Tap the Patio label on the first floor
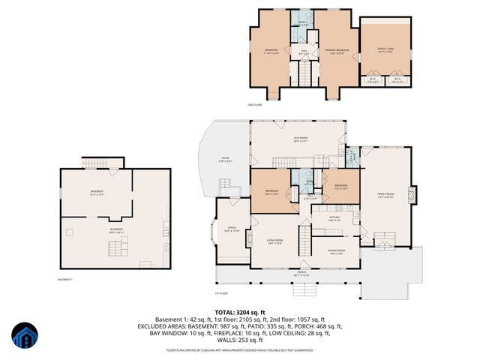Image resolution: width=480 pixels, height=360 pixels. click(x=225, y=159)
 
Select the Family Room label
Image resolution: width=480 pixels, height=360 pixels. click(x=385, y=195)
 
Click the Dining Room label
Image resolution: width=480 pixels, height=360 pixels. click(x=336, y=251)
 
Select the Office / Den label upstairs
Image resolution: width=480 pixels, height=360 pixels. click(x=385, y=50)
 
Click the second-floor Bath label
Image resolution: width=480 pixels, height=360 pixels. click(x=304, y=22)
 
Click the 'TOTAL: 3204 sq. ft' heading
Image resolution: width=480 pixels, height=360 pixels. click(x=239, y=312)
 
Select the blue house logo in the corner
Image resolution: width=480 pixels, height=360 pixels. click(x=23, y=338)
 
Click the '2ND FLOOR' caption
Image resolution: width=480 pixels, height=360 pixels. click(x=253, y=105)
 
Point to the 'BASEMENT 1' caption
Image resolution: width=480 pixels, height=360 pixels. click(x=65, y=280)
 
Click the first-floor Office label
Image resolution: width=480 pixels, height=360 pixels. click(x=232, y=229)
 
